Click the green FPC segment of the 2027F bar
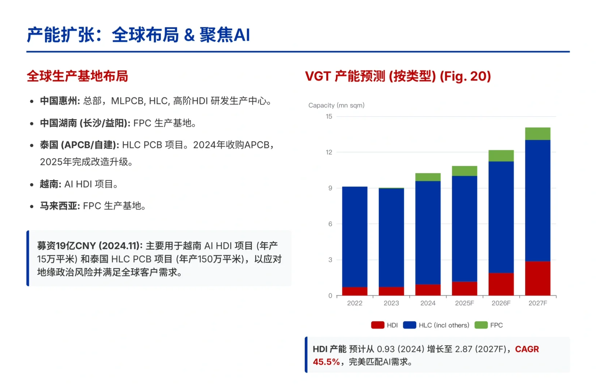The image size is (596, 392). [x=538, y=134]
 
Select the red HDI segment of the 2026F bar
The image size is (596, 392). [x=501, y=284]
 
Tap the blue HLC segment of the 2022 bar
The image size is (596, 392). [x=354, y=237]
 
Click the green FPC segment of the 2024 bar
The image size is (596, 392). [x=428, y=177]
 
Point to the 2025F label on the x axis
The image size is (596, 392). [x=465, y=303]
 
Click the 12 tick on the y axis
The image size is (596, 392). [x=329, y=152]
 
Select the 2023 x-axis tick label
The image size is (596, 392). [x=391, y=303]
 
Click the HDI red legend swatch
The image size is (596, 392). [x=378, y=325]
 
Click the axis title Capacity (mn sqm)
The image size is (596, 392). [x=336, y=105]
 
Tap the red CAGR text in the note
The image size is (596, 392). [x=527, y=349]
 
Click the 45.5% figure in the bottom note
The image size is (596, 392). [x=326, y=362]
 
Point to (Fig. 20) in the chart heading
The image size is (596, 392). [x=465, y=76]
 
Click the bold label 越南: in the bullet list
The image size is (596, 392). [x=50, y=184]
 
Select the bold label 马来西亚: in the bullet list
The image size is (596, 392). [x=60, y=206]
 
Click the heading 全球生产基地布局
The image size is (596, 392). [x=77, y=76]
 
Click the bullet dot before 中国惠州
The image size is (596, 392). [x=32, y=102]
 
